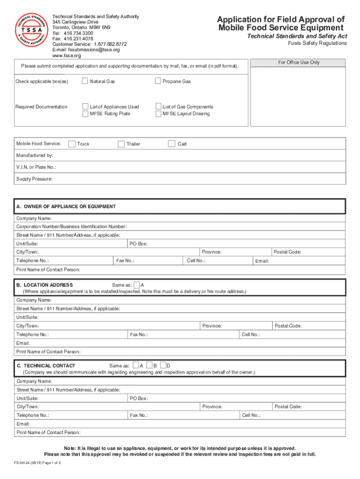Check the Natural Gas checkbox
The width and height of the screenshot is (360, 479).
pos(85,81)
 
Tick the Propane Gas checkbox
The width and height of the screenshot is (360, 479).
pos(158,81)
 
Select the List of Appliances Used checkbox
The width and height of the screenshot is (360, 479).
pos(86,107)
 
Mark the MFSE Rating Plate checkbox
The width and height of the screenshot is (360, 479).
pos(86,114)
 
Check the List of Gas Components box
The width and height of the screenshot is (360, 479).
pos(158,107)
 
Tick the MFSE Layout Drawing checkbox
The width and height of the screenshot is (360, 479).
pos(158,114)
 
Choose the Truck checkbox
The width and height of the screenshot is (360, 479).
pos(72,144)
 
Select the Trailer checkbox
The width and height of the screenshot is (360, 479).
pos(121,144)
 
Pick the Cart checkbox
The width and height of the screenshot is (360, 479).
pos(172,144)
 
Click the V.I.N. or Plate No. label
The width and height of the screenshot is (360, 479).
pos(36,167)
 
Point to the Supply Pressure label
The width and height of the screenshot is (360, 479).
pos(34,179)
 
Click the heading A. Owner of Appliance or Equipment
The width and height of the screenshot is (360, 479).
pos(66,206)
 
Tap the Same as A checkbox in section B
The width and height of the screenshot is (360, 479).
pos(137,285)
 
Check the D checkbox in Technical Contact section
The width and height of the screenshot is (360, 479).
pos(163,365)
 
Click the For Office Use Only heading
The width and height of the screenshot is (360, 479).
pos(299,62)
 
